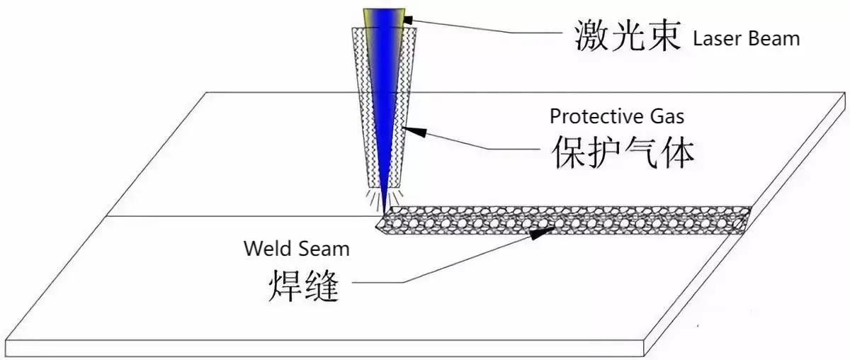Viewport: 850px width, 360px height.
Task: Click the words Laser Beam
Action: [x=747, y=38]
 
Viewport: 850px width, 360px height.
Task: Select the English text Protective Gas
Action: [x=618, y=116]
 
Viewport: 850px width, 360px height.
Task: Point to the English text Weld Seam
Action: [x=297, y=249]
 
